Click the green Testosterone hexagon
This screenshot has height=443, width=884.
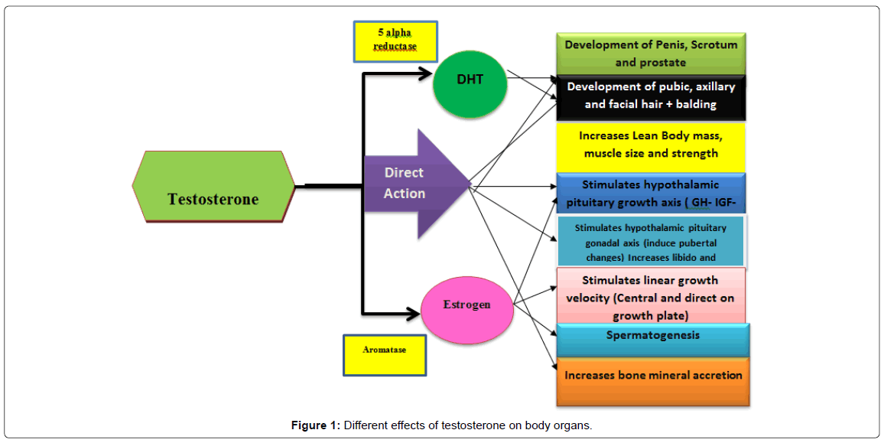tap(213, 187)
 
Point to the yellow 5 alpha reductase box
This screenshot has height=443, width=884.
tap(395, 41)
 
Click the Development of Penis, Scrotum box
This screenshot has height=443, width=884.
tap(651, 53)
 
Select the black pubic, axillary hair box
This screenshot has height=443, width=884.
tap(651, 96)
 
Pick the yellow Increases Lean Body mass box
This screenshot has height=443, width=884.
tap(651, 145)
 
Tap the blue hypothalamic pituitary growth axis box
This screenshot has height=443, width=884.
tap(651, 194)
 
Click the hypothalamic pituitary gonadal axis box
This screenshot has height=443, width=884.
tap(651, 242)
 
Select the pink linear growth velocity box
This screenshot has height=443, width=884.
tap(651, 296)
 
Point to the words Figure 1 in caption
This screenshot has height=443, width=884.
tap(315, 426)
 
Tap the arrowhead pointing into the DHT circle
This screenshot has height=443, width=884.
tap(425, 74)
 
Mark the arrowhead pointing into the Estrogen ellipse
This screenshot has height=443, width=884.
tap(414, 312)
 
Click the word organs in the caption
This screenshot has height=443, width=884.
tap(572, 426)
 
